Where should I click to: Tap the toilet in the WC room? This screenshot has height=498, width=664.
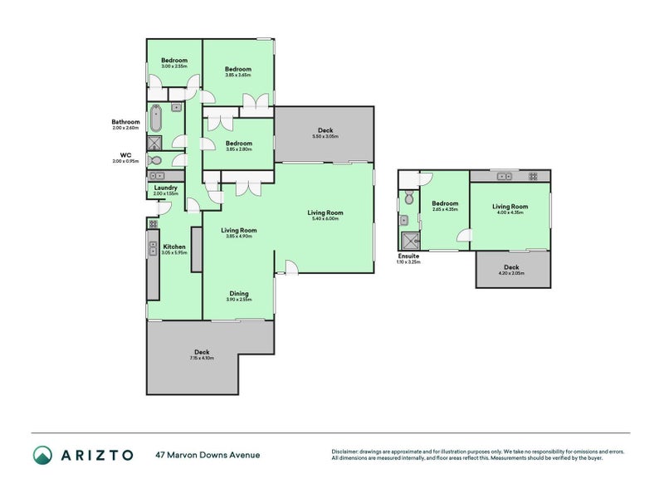coord(155,160)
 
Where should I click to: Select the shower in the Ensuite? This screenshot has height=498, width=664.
coord(408,241)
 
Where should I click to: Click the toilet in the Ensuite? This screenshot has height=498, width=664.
coord(407,198)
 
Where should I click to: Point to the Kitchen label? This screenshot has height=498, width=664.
coord(174,247)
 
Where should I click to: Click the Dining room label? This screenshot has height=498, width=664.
coord(238,293)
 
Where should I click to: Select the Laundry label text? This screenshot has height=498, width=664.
coord(165,188)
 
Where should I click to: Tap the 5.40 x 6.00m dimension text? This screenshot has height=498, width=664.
coord(325,219)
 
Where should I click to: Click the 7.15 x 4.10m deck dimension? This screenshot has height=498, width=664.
coord(201,358)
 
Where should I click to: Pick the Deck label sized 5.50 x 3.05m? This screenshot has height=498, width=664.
coord(325,130)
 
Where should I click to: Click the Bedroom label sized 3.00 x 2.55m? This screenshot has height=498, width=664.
coord(174,60)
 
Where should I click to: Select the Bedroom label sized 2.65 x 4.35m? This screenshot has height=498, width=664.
coord(445,203)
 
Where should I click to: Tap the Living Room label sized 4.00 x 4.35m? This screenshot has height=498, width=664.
coord(510,207)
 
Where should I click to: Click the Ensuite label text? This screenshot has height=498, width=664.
coord(408,256)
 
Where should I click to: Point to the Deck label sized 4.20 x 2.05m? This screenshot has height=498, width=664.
coord(511,267)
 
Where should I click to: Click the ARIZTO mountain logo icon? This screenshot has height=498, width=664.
coord(42,454)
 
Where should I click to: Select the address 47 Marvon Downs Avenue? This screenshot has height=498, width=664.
coord(207,455)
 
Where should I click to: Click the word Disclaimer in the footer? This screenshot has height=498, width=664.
coord(347,452)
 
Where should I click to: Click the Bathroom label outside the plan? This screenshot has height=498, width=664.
coord(126,122)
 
